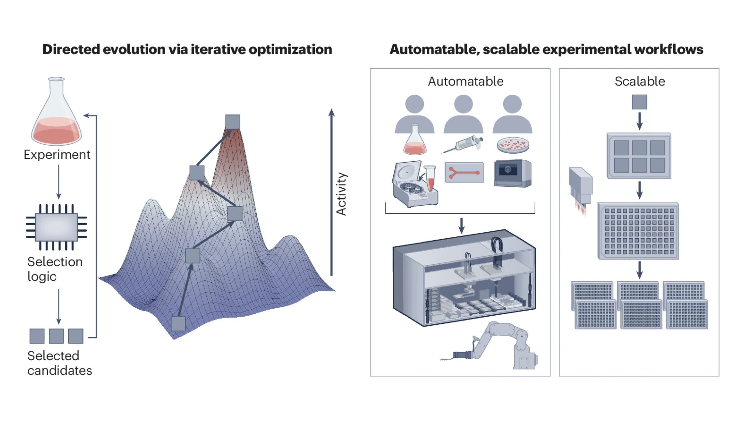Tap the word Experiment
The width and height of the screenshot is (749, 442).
(x=57, y=155)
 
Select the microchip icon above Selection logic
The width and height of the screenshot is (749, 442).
(x=57, y=227)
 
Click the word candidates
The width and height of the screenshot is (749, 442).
(x=60, y=370)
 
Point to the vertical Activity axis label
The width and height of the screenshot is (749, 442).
(x=341, y=194)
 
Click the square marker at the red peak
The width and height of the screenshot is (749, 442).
(x=233, y=122)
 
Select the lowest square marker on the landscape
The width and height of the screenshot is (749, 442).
(x=178, y=323)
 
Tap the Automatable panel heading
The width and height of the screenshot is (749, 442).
(x=466, y=81)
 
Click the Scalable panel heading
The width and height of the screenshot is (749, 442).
(x=640, y=81)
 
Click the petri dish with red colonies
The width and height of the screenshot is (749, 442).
(x=513, y=145)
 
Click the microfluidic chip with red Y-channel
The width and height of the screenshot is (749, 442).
(x=464, y=172)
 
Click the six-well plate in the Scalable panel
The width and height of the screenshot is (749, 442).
(x=639, y=156)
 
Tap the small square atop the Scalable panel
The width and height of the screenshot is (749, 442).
(x=639, y=102)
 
